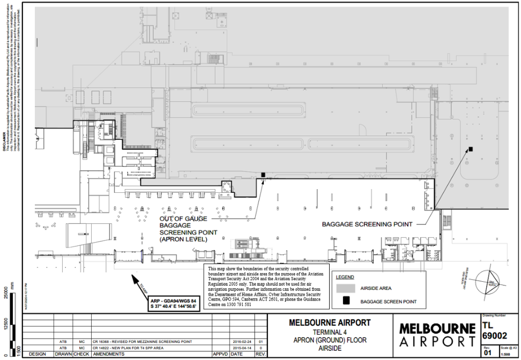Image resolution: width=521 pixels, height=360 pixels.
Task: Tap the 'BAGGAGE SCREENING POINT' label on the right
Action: point(367,224)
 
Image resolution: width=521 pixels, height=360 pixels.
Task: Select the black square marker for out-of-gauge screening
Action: point(263,175)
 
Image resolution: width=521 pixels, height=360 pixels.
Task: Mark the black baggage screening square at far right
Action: point(471,149)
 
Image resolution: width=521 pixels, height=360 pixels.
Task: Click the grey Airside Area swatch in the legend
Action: point(347,289)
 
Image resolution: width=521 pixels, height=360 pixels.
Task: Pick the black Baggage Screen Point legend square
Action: point(347,302)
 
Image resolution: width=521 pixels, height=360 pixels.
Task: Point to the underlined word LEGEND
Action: point(344,277)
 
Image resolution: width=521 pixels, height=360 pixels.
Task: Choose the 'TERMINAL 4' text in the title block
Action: point(330,332)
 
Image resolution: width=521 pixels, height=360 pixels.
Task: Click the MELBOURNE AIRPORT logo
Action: point(436,334)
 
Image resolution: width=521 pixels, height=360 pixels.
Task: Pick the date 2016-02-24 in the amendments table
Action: point(241,340)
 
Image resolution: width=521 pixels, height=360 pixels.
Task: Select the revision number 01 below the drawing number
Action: point(487,353)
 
